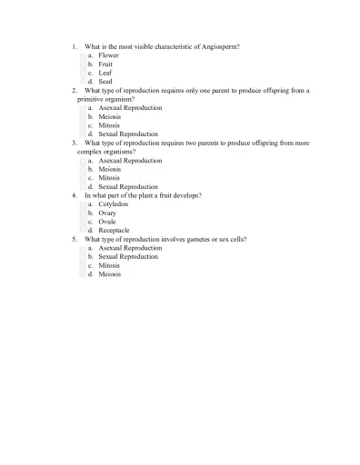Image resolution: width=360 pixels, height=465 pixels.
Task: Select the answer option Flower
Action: (108, 55)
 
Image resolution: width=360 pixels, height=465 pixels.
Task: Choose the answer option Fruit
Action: (105, 64)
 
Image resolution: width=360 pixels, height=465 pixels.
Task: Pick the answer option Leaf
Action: (105, 73)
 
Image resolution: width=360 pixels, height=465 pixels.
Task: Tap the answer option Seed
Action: (105, 82)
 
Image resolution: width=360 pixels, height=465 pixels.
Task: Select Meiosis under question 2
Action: (110, 116)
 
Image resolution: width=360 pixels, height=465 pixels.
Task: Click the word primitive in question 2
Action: (94, 99)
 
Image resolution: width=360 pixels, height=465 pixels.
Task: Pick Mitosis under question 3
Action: (109, 178)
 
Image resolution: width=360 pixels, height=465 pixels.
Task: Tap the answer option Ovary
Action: (107, 213)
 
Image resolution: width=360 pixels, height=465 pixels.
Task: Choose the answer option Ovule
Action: (107, 222)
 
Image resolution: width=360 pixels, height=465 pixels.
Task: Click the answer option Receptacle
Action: (114, 231)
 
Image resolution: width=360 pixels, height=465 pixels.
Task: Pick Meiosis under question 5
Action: (110, 274)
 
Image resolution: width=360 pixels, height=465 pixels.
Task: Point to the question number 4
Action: (74, 195)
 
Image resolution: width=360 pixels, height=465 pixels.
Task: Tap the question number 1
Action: (74, 46)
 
